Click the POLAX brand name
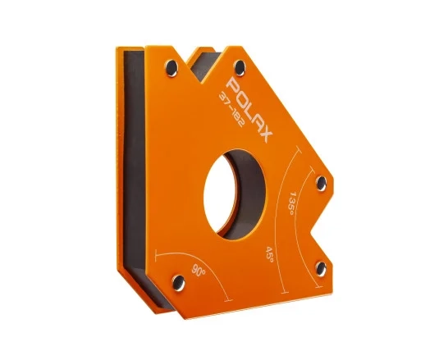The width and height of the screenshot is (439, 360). click(250, 110)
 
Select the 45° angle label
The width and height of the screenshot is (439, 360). click(269, 254)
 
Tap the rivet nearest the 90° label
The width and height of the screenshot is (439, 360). click(178, 282)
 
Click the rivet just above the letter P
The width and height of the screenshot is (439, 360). click(240, 68)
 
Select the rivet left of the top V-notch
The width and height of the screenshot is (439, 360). click(171, 68)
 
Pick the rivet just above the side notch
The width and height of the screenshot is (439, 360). click(321, 184)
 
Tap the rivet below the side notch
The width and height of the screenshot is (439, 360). click(321, 268)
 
